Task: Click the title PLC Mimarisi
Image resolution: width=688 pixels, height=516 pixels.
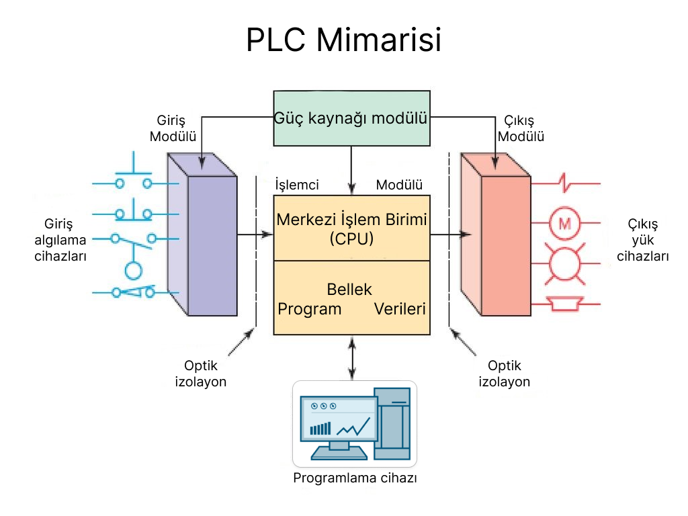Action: tap(343, 40)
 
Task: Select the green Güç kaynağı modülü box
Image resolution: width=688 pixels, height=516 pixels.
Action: tap(351, 118)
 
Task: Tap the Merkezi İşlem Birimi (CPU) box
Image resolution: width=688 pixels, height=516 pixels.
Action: tap(351, 228)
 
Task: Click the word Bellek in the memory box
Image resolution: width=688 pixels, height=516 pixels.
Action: tap(349, 290)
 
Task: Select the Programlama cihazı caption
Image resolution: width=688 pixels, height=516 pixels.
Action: tap(355, 478)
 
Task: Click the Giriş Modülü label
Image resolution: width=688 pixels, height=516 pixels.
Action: tap(173, 128)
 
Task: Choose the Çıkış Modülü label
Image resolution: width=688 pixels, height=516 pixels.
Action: tap(523, 128)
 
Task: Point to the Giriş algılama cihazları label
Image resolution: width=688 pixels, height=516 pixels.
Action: tap(60, 241)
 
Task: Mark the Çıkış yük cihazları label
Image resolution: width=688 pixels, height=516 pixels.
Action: tap(643, 241)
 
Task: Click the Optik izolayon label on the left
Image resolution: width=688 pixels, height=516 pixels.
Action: tap(201, 374)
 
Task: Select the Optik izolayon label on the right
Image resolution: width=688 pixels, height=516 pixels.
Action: tap(504, 374)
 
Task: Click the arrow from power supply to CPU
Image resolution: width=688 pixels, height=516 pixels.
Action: tap(351, 169)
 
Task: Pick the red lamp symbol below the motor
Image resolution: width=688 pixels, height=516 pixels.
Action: tap(564, 264)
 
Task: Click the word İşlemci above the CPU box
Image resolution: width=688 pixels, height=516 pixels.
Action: tap(297, 185)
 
